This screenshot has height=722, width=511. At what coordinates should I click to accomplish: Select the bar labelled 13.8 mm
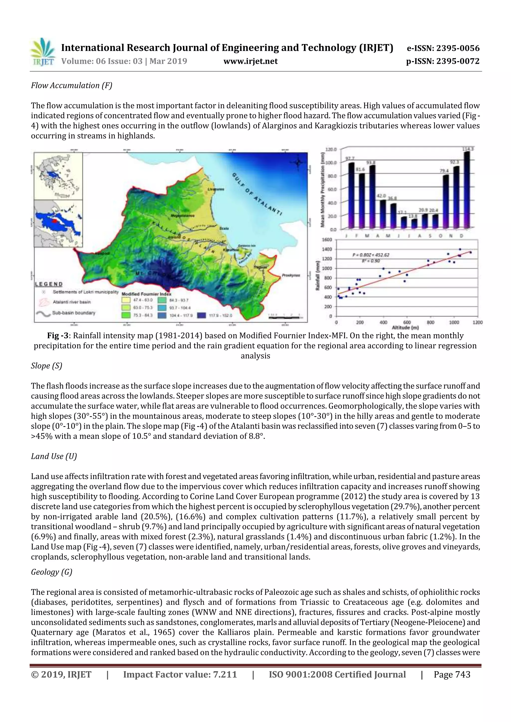(414, 224)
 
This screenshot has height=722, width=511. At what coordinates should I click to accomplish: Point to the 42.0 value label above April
(381, 196)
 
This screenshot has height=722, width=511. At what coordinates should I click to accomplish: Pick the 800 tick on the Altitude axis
(430, 322)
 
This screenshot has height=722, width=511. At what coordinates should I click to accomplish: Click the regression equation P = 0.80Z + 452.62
(371, 255)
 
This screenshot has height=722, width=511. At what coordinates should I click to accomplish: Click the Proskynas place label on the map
(291, 275)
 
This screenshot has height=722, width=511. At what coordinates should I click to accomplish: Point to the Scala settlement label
(224, 228)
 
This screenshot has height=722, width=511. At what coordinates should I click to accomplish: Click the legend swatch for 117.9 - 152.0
(202, 315)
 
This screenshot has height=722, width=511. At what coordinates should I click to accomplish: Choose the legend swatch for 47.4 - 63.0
(126, 300)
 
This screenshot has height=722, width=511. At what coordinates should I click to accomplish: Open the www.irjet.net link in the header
(250, 61)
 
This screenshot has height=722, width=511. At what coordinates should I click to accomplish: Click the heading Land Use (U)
(54, 456)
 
